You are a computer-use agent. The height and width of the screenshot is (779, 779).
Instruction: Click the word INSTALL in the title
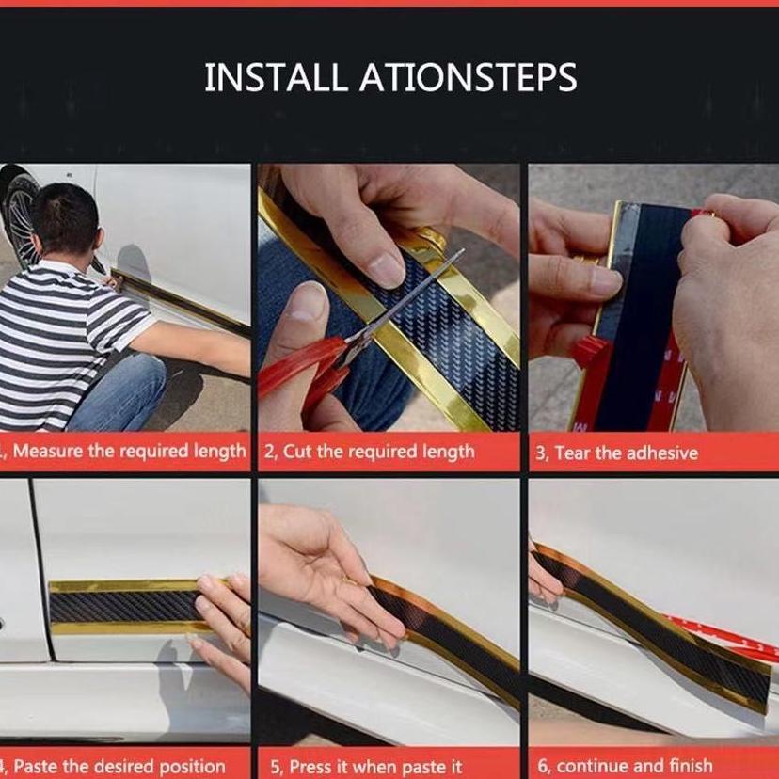275,77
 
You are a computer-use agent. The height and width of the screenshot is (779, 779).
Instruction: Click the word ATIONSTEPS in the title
469,77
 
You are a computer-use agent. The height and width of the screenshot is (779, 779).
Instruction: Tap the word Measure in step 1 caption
48,452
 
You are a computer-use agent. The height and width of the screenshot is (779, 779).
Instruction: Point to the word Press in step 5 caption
310,767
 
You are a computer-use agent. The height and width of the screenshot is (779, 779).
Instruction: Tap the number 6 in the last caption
543,767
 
